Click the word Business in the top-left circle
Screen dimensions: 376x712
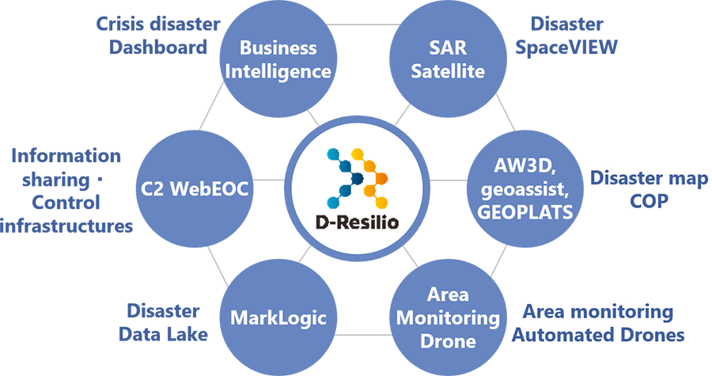[x=278, y=49]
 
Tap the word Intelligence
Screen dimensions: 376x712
[x=278, y=71]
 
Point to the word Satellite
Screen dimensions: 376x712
[x=447, y=71]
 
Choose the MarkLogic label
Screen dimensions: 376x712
[x=267, y=318]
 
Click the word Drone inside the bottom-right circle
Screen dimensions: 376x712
[x=448, y=341]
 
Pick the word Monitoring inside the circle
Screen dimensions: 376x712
[x=448, y=319]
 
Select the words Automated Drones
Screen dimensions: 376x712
[x=598, y=336]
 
